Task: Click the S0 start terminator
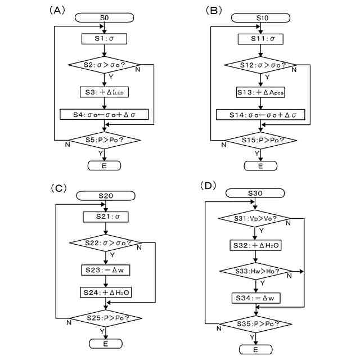click(104, 17)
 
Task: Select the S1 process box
click(104, 39)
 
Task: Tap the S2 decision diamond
click(103, 65)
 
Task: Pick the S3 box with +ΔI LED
click(104, 92)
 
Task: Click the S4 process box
click(104, 114)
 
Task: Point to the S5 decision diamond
click(105, 140)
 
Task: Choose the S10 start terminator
click(260, 18)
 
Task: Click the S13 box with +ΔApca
click(260, 92)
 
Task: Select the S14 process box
click(260, 115)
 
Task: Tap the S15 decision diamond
click(261, 140)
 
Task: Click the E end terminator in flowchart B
click(260, 166)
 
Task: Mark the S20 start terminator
click(106, 196)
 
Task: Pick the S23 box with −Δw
click(106, 270)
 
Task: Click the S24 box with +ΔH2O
click(106, 292)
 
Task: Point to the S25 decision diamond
click(106, 318)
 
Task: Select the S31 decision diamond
click(255, 218)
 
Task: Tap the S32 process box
click(255, 245)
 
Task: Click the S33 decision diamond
click(256, 271)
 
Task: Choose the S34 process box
click(256, 298)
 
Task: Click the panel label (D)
click(208, 186)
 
